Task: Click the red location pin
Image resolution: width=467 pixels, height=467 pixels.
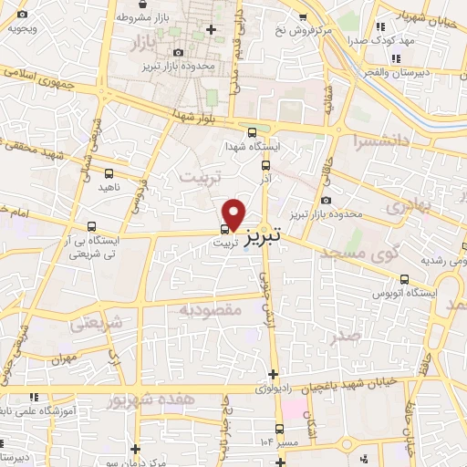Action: [x=234, y=213]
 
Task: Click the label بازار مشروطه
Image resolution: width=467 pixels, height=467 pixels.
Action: [x=141, y=17]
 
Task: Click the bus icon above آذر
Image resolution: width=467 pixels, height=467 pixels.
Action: [x=265, y=166]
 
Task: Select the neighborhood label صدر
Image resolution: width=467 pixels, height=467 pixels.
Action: [x=348, y=334]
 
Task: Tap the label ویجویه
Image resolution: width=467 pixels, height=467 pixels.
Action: [x=23, y=27]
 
